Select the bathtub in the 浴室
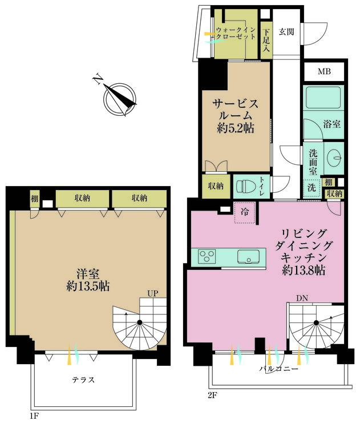(x=323, y=98)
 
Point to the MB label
(x=324, y=72)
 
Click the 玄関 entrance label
(x=286, y=32)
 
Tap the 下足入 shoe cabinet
(x=266, y=40)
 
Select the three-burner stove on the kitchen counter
(x=208, y=257)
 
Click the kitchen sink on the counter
(x=248, y=257)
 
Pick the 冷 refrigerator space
(x=245, y=213)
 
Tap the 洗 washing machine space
(x=312, y=188)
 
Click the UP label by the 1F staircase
(x=153, y=293)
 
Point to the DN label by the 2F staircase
(x=302, y=298)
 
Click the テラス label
(x=83, y=379)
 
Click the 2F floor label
(x=212, y=395)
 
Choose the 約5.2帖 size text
(x=236, y=128)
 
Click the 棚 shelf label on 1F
(x=34, y=199)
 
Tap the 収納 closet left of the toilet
(x=216, y=186)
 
